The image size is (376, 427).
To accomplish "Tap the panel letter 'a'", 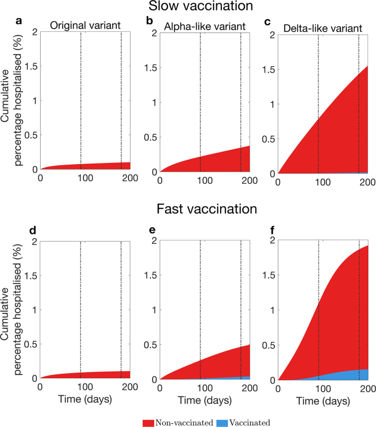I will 19,22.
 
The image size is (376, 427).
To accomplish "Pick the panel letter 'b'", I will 149,22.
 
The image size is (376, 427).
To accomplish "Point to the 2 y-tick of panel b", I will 153,32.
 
